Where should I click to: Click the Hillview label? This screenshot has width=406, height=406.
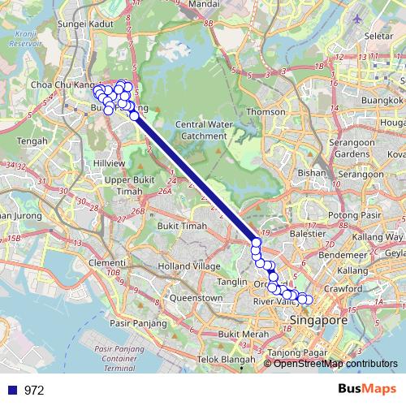[109, 162]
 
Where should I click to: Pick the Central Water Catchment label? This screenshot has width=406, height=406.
[201, 130]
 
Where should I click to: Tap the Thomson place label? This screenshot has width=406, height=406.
[266, 111]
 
